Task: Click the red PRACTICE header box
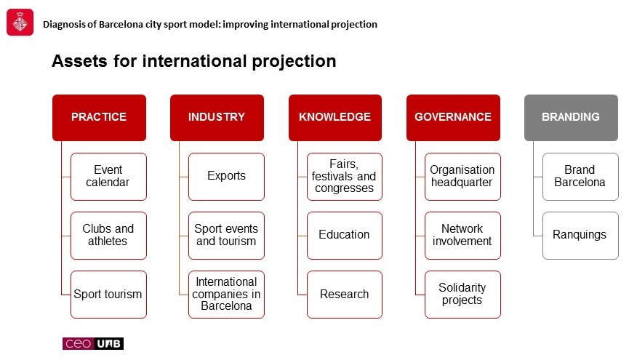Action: tap(99, 118)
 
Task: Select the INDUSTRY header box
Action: tap(217, 118)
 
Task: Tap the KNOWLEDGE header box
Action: tap(335, 118)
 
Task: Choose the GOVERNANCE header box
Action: tap(453, 118)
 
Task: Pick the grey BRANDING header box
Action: tap(571, 118)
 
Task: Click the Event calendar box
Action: tap(108, 177)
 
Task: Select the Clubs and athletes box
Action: tap(108, 236)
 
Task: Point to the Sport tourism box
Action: tap(108, 295)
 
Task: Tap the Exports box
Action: tap(226, 177)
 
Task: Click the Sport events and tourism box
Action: tap(226, 236)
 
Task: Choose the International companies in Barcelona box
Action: tap(226, 295)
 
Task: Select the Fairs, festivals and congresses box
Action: tap(345, 177)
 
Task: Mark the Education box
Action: tap(345, 236)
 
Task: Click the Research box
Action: tap(345, 295)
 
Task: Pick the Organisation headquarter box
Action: tap(462, 177)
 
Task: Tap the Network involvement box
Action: tap(462, 236)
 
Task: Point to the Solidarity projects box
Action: tap(462, 295)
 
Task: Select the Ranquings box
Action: tap(580, 236)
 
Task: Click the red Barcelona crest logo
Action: tap(20, 23)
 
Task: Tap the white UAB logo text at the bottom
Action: tap(109, 344)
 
